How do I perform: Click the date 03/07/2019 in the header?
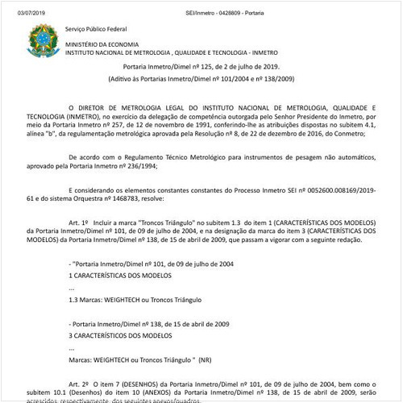point(21,7)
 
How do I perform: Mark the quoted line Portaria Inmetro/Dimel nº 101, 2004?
point(152,263)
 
